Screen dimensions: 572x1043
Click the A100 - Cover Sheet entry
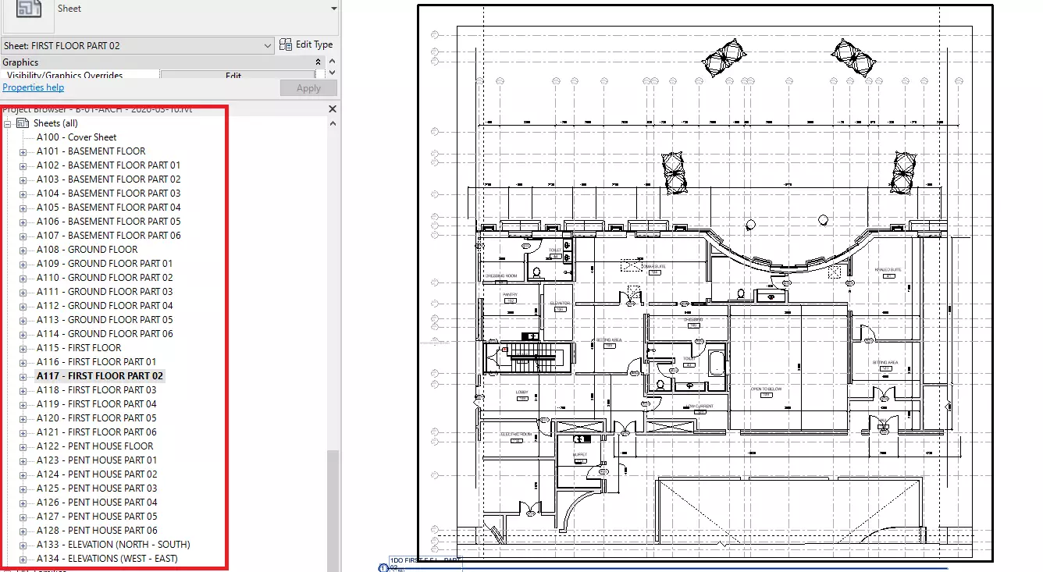[x=77, y=137]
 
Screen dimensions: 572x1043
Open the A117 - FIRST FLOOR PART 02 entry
[x=99, y=376]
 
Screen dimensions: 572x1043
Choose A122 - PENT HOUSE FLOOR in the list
[x=94, y=446]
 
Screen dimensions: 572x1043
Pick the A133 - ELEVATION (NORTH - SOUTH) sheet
[x=113, y=545]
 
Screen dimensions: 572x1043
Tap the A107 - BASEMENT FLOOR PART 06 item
[x=109, y=236]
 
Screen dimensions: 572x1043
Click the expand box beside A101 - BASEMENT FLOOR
[x=23, y=151]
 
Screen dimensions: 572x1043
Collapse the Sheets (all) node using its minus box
[x=8, y=123]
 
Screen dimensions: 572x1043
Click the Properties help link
[x=34, y=88]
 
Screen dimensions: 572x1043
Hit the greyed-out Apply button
[x=308, y=88]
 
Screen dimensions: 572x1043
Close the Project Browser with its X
[x=333, y=109]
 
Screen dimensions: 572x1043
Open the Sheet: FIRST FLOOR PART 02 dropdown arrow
[x=268, y=46]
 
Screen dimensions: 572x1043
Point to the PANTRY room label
[x=510, y=295]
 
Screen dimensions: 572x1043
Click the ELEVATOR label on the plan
[x=560, y=303]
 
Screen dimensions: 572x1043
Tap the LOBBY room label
[x=522, y=392]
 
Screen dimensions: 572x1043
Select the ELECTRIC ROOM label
[x=516, y=434]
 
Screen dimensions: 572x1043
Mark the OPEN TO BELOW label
[x=767, y=389]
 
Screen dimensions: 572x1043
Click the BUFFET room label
[x=579, y=453]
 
